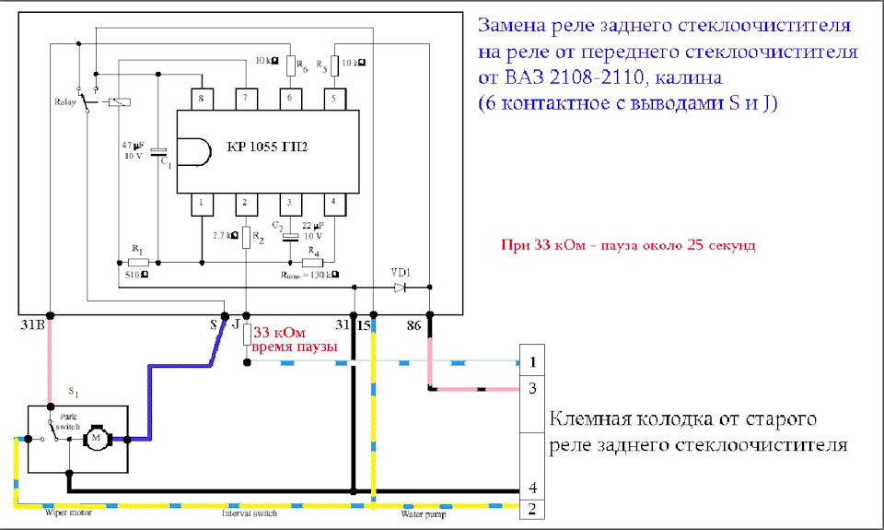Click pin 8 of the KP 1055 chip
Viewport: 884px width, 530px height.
point(200,98)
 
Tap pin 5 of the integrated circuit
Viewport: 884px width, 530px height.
point(334,98)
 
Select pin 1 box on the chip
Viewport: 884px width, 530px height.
point(200,202)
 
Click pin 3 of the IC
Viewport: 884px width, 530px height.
point(290,202)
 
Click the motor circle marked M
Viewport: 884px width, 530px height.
point(95,439)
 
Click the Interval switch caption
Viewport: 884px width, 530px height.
point(249,514)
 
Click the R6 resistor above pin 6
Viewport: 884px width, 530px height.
point(290,65)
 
